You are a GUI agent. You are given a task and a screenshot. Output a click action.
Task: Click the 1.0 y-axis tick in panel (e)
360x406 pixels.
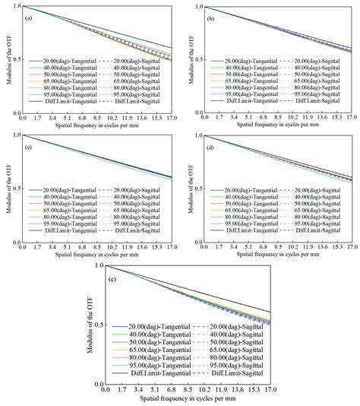tap(107, 265)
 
